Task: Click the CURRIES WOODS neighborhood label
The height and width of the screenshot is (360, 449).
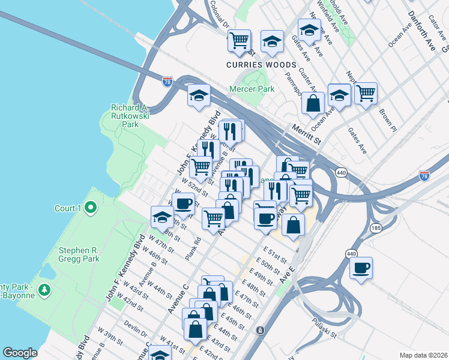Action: pyautogui.click(x=261, y=65)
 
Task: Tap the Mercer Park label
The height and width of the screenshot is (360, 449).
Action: pyautogui.click(x=252, y=89)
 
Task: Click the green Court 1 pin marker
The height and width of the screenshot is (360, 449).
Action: pyautogui.click(x=91, y=208)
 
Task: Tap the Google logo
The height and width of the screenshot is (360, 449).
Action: pyautogui.click(x=20, y=353)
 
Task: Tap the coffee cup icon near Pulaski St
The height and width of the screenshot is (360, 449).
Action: pyautogui.click(x=361, y=268)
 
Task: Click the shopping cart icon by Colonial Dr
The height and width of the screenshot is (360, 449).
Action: pyautogui.click(x=239, y=40)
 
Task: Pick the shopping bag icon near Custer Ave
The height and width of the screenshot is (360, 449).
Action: pyautogui.click(x=313, y=102)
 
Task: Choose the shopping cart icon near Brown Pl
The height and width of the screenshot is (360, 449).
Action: pyautogui.click(x=366, y=93)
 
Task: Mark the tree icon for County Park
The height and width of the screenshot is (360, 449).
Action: pyautogui.click(x=43, y=290)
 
